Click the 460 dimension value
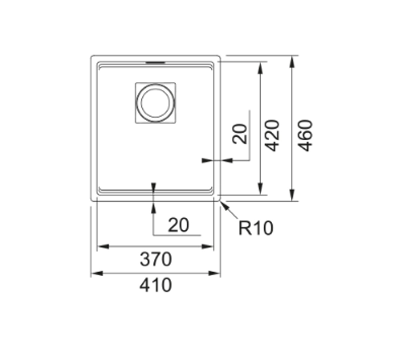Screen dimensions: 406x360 (305, 135)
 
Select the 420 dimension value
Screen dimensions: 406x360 (273, 135)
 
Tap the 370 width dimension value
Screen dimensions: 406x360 (156, 259)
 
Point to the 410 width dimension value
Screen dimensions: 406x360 (156, 285)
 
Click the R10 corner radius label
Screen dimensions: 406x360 (256, 228)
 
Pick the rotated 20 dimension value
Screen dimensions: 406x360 (240, 133)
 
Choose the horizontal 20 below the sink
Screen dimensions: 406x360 (179, 225)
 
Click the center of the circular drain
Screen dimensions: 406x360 (156, 103)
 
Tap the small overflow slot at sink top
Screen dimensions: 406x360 (156, 62)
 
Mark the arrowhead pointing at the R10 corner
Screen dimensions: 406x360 (224, 206)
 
